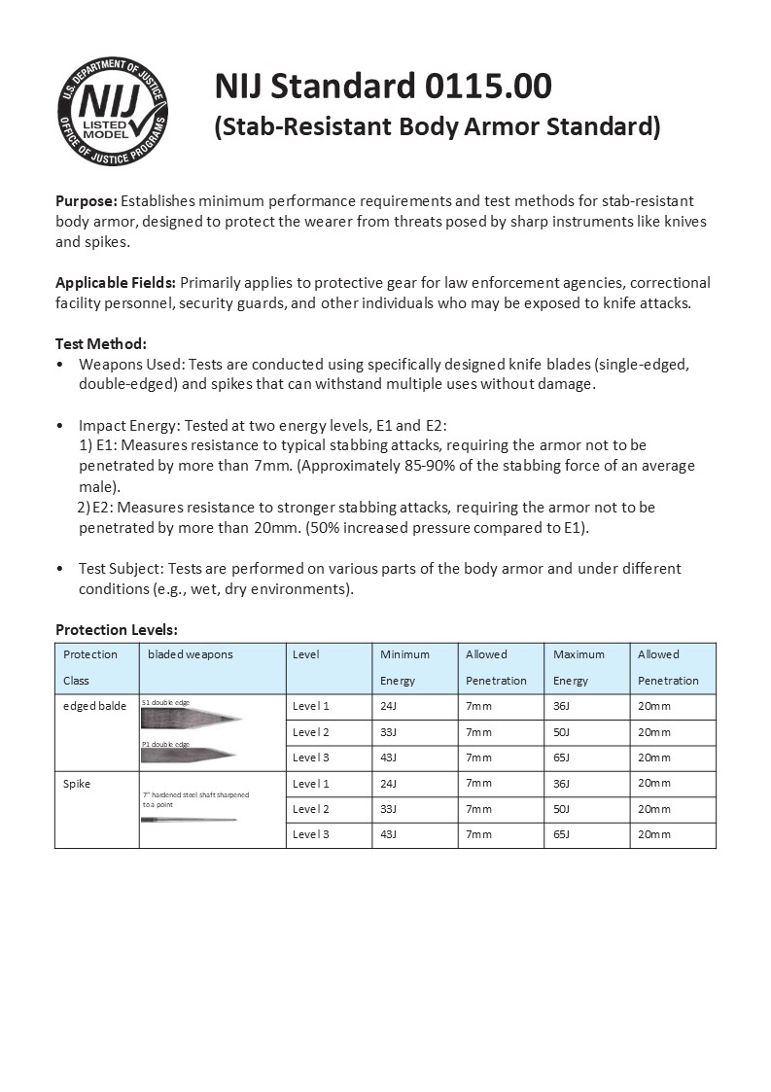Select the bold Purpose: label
click(x=87, y=200)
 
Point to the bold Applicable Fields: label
click(x=116, y=283)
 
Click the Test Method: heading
click(x=101, y=343)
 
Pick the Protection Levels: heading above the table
click(x=117, y=630)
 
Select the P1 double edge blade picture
click(x=189, y=755)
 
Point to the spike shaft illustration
click(x=189, y=820)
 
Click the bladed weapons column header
click(x=191, y=654)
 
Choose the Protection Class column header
click(x=90, y=667)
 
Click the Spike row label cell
click(x=77, y=784)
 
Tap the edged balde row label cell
click(x=94, y=706)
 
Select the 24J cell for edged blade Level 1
click(x=391, y=706)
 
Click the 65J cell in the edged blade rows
click(x=562, y=757)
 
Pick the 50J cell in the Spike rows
click(x=562, y=809)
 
